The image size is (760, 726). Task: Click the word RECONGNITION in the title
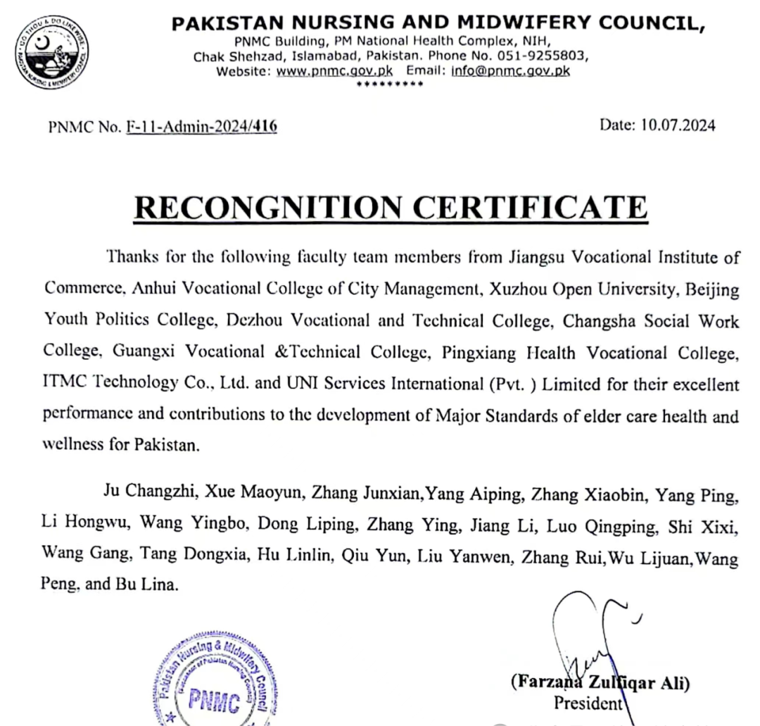[x=267, y=208]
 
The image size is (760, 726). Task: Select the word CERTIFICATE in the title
[x=529, y=208]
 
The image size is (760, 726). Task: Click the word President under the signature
[x=588, y=703]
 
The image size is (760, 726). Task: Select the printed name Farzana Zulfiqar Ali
[x=600, y=682]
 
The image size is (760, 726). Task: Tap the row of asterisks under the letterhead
[x=390, y=85]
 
